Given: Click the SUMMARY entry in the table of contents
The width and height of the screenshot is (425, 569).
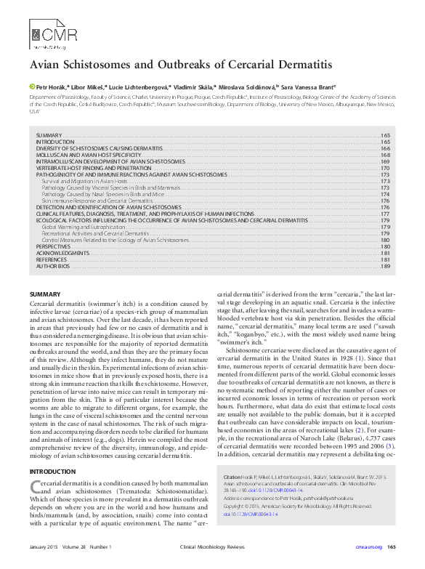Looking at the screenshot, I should (x=49, y=136).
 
